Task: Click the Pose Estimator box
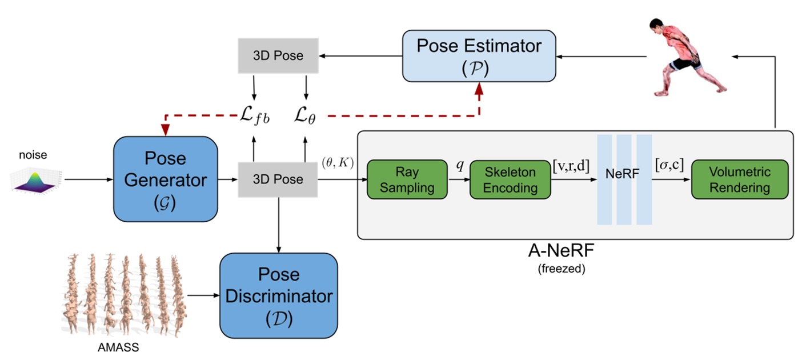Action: (x=479, y=56)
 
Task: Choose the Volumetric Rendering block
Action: (x=739, y=179)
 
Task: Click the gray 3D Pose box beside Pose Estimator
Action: (x=278, y=56)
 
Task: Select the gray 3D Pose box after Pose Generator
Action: (x=278, y=179)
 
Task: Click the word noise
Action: (x=33, y=155)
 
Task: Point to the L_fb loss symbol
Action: (x=254, y=117)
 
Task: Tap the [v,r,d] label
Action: (x=571, y=167)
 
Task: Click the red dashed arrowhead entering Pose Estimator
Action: (x=479, y=87)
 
